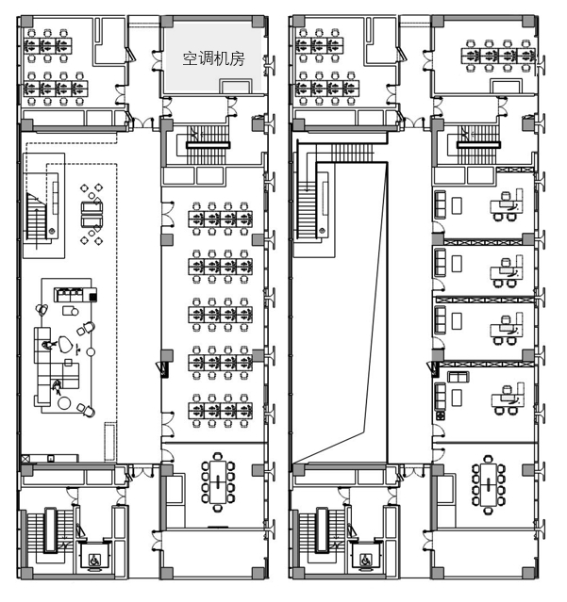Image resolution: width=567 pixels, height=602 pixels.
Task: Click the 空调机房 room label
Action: (213, 59)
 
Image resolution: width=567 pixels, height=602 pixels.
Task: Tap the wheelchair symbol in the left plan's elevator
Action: (94, 561)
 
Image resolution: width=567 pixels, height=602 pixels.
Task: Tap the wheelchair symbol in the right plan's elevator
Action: (367, 561)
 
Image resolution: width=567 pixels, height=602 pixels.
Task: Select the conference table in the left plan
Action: (218, 481)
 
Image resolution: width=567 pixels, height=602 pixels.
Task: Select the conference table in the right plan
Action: (489, 484)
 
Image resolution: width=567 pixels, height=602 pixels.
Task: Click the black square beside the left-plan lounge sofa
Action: (93, 297)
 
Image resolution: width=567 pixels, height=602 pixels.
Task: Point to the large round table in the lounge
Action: (64, 403)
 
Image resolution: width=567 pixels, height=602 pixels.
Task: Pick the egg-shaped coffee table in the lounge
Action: (65, 344)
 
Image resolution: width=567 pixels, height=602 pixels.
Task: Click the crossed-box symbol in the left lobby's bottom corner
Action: (25, 458)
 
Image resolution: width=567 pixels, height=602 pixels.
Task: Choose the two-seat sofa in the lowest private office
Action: (458, 377)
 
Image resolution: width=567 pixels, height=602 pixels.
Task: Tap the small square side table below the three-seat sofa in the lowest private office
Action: (441, 415)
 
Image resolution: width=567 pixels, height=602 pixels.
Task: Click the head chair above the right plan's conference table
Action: (488, 459)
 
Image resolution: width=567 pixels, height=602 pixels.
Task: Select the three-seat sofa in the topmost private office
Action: (441, 204)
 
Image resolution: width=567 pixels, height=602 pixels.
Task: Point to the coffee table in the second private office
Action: (457, 264)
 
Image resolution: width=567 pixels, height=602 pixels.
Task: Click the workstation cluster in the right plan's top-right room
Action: (498, 56)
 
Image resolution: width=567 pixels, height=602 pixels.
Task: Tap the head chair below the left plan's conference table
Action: (218, 509)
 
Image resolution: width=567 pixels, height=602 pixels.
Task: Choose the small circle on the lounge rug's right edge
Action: (91, 351)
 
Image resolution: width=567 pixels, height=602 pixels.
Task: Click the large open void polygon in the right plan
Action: (341, 312)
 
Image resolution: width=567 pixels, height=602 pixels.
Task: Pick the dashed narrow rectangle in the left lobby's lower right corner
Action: (110, 442)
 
